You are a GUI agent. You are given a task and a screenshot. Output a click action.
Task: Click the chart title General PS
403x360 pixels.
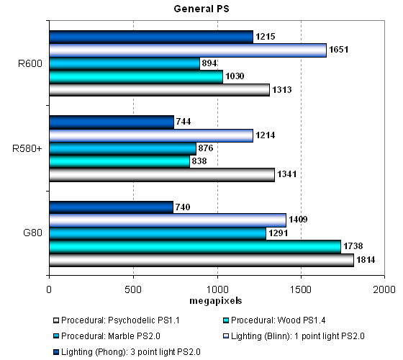(x=201, y=9)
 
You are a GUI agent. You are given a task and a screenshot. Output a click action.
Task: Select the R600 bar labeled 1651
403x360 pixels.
(x=188, y=50)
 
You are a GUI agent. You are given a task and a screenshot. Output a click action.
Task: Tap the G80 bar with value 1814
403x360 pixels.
(x=201, y=260)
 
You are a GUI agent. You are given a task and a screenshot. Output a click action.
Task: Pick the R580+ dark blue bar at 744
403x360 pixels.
(x=112, y=122)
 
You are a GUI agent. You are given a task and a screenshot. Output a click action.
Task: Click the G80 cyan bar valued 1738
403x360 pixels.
(x=195, y=246)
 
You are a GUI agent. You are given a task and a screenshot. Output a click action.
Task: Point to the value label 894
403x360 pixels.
(x=209, y=63)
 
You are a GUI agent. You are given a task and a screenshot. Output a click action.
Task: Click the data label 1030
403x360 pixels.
(x=235, y=76)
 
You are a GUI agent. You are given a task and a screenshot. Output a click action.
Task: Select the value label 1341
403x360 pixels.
(x=287, y=174)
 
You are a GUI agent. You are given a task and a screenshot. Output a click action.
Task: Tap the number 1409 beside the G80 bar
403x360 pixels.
(x=298, y=220)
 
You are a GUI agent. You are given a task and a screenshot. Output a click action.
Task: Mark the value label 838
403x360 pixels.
(x=199, y=161)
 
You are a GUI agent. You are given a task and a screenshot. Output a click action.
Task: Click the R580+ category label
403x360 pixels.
(x=27, y=148)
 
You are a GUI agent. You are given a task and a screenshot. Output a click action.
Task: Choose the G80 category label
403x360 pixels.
(x=32, y=233)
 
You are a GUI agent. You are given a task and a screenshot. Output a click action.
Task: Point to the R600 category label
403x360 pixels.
(x=30, y=63)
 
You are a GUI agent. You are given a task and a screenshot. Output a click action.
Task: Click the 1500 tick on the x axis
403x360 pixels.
(x=301, y=289)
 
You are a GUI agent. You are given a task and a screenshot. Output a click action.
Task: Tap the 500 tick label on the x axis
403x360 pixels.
(x=133, y=289)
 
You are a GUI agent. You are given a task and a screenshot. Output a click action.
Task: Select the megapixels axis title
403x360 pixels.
(x=216, y=301)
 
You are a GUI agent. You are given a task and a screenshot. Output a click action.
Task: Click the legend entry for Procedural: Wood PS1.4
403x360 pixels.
(x=274, y=320)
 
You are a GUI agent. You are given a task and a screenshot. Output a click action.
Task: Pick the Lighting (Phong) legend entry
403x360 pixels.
(x=127, y=352)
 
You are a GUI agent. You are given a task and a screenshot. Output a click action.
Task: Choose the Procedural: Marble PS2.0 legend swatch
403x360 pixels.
(x=56, y=336)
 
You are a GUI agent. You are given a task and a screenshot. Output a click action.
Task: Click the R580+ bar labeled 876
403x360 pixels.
(x=122, y=149)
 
